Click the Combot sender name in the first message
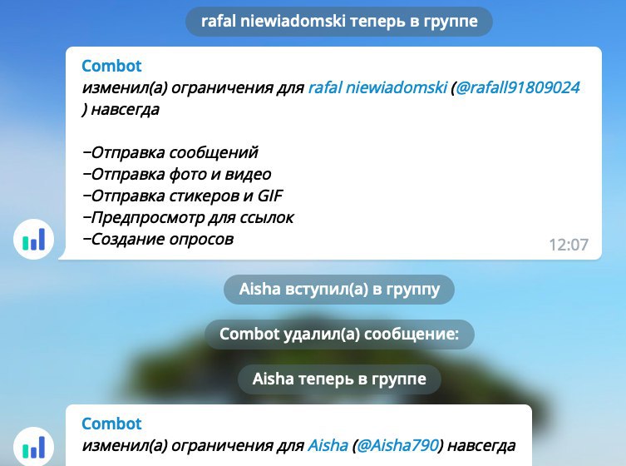click(111, 66)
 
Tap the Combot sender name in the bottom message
click(111, 424)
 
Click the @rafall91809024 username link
click(517, 87)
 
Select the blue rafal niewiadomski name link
click(377, 87)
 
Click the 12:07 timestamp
click(569, 245)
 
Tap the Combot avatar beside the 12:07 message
click(33, 240)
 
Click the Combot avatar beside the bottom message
click(33, 446)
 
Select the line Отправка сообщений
click(170, 152)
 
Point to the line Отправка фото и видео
click(177, 174)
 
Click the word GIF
click(270, 196)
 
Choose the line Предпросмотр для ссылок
click(188, 217)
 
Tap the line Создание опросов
click(158, 240)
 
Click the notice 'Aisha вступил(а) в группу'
click(339, 289)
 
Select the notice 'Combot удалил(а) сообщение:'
click(339, 335)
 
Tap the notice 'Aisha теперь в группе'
click(339, 379)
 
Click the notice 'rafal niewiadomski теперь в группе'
click(339, 21)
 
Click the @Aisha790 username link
click(397, 445)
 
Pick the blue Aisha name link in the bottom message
click(328, 445)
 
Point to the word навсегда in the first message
click(126, 109)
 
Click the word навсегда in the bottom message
click(481, 445)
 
